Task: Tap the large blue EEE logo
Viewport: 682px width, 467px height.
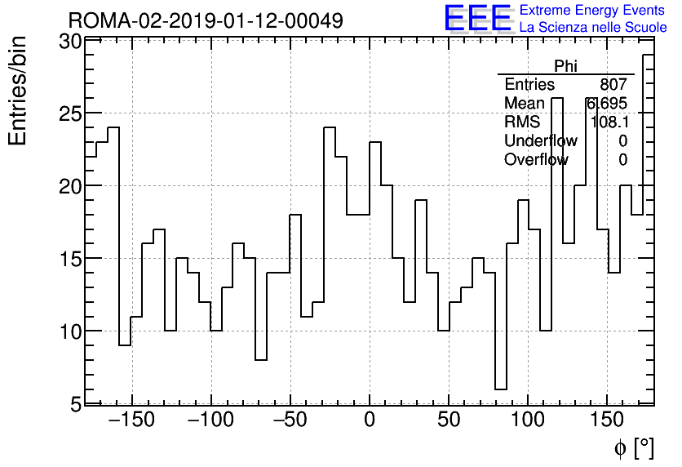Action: [x=477, y=19]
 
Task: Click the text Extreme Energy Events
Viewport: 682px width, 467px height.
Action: [x=592, y=11]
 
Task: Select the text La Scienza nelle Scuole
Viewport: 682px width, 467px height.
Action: [x=593, y=27]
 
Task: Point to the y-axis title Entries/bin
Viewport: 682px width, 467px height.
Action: [x=18, y=91]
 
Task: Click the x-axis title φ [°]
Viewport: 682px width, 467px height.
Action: [x=634, y=447]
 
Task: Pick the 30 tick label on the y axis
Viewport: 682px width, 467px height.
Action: [x=70, y=42]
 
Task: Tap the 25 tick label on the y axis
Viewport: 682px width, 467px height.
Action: [x=70, y=113]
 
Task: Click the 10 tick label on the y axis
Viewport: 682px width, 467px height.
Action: [x=70, y=331]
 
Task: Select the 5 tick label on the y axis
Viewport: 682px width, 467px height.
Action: [x=75, y=403]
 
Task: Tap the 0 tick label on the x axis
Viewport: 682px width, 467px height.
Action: [x=370, y=420]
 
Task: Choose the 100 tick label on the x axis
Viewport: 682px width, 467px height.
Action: [x=528, y=420]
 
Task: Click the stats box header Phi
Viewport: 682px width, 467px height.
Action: [x=565, y=66]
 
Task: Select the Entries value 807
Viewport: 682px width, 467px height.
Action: [x=613, y=85]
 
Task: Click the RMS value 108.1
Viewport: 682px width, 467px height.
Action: [x=609, y=122]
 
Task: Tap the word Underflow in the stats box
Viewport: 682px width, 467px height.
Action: [x=540, y=140]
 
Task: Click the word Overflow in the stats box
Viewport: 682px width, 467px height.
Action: [x=536, y=159]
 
